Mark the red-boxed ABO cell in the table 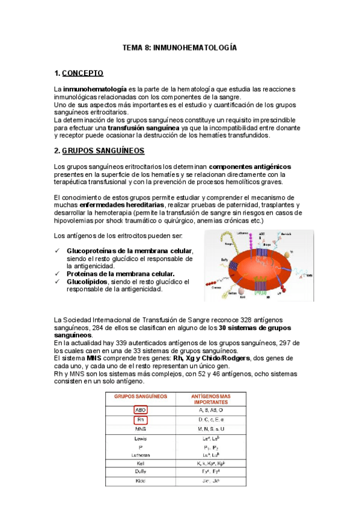[x=141, y=410]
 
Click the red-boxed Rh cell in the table [x=141, y=420]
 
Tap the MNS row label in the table [x=141, y=429]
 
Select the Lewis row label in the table [x=141, y=440]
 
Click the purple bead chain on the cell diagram [x=231, y=241]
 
